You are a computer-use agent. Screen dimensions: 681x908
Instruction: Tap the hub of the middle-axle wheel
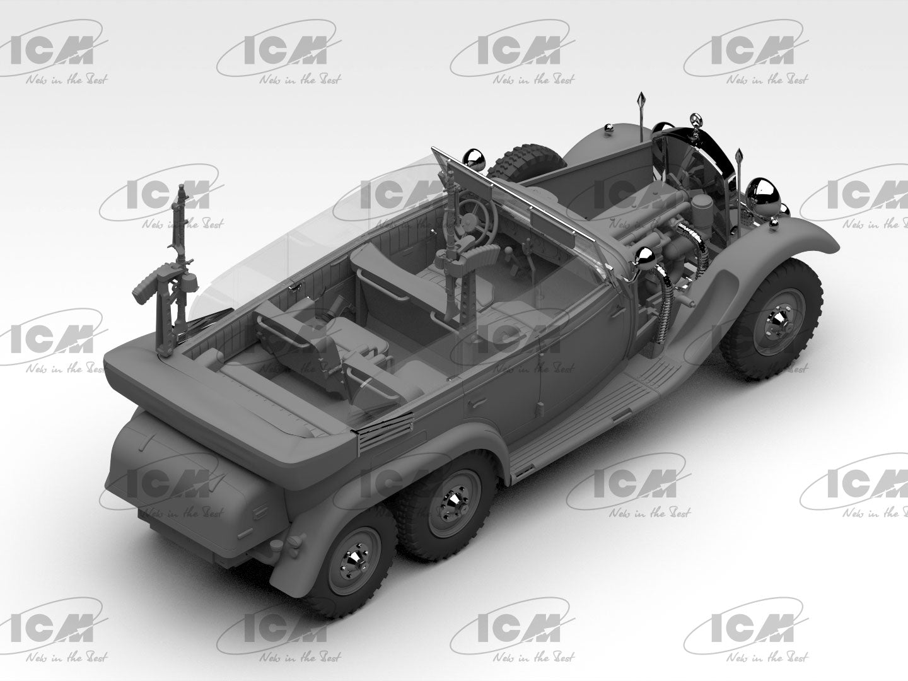click(x=452, y=501)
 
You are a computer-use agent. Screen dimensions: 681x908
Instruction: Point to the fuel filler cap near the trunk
click(x=295, y=544)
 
